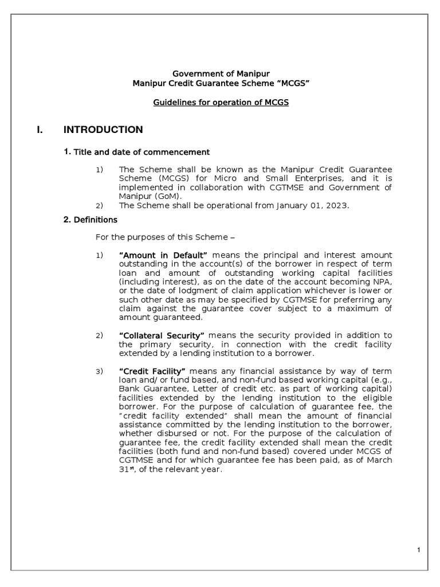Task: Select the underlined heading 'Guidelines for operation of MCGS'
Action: [x=221, y=102]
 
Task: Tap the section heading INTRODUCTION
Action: [x=103, y=130]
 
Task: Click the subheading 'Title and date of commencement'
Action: [x=142, y=152]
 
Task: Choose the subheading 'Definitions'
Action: [x=96, y=220]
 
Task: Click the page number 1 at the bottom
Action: [x=419, y=551]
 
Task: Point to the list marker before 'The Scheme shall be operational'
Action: [x=99, y=205]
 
